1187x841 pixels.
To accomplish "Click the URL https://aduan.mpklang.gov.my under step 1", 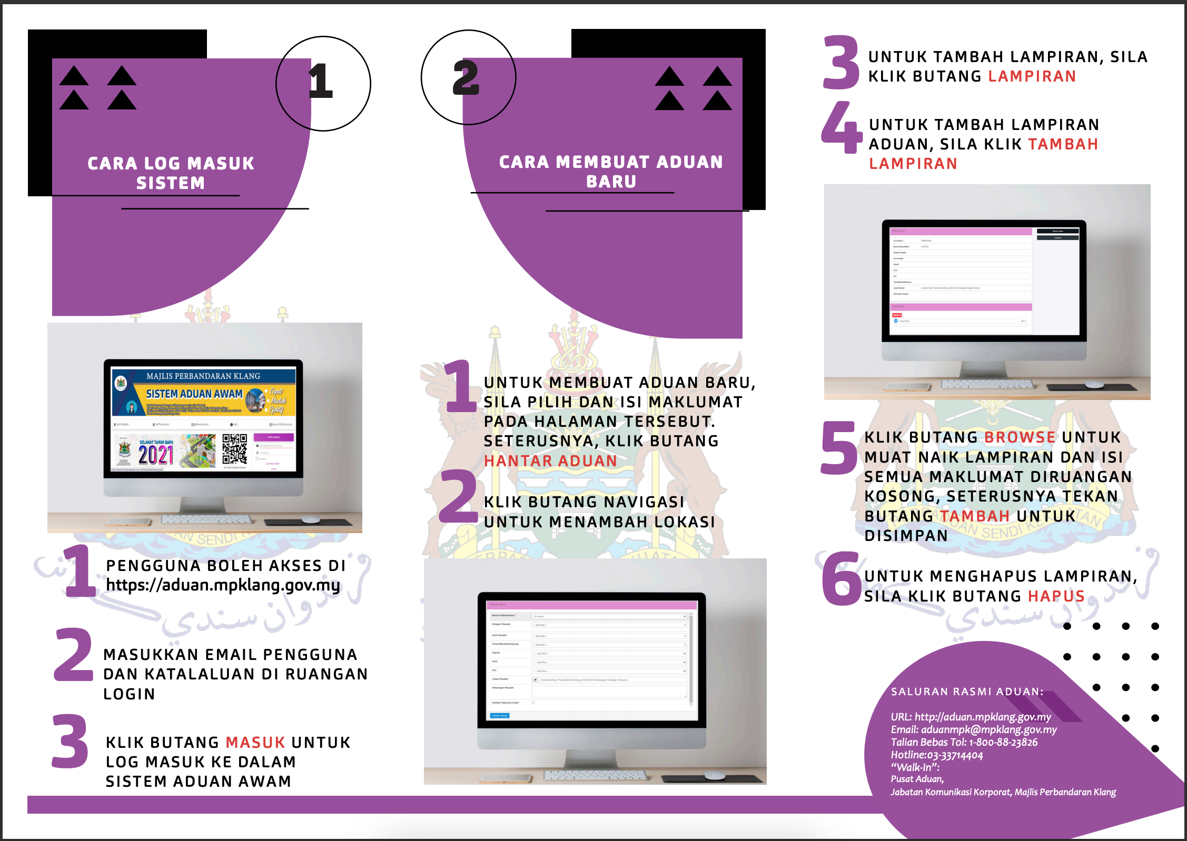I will point(223,585).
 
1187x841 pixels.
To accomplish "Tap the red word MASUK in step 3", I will point(255,743).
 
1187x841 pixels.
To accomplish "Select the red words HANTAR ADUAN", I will point(550,461).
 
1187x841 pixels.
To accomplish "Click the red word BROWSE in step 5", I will point(1020,437).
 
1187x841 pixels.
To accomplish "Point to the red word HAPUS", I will point(1056,596).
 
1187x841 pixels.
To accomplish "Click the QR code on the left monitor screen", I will point(234,449).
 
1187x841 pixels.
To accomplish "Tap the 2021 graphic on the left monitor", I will point(156,454).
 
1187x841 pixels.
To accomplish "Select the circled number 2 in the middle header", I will point(466,78).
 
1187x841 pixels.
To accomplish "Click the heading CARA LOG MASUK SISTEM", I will point(171,173).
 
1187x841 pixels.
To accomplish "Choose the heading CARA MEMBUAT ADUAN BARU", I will point(611,172).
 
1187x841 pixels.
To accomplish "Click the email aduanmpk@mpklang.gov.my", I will point(988,729).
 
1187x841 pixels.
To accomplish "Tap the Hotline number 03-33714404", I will point(955,755).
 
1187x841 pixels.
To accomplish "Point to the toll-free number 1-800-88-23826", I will point(1003,742).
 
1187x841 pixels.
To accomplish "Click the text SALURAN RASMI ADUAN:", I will point(967,692).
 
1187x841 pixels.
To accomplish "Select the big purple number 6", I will point(842,579).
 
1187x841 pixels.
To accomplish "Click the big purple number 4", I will point(841,128).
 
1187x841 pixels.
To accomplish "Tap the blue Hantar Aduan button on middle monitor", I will point(500,716).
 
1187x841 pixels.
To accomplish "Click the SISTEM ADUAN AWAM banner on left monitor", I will point(194,394).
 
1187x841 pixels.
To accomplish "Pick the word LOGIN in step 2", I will point(130,694).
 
